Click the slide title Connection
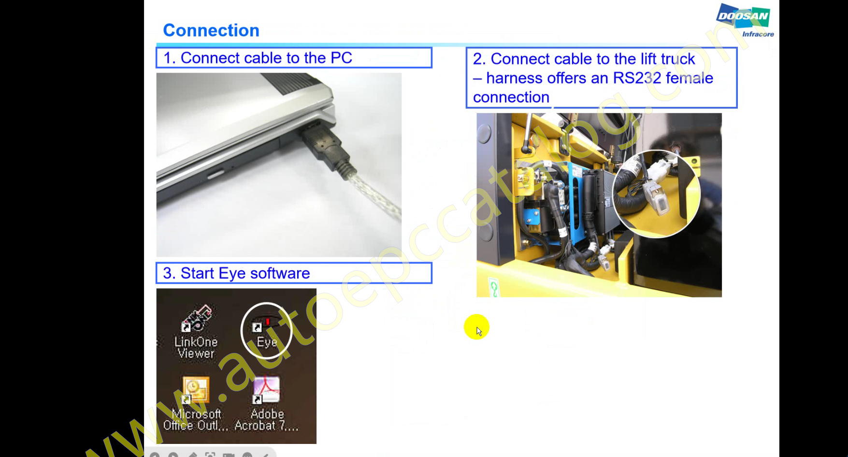pos(211,30)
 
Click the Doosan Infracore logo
pos(745,20)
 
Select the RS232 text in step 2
pos(637,78)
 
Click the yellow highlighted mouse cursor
pos(477,327)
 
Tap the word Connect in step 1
pos(210,58)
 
